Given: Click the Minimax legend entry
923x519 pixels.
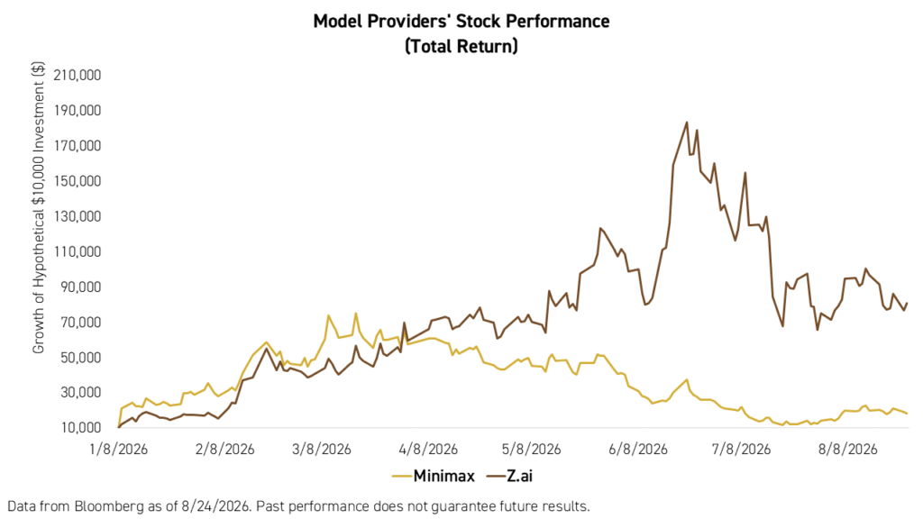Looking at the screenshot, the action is (434, 476).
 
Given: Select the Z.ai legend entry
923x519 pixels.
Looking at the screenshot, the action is (510, 476).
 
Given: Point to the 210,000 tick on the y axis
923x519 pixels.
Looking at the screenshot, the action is (78, 76).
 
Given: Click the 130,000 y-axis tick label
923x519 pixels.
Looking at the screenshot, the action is (78, 216).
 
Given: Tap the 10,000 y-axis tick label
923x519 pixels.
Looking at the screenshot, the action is (79, 428).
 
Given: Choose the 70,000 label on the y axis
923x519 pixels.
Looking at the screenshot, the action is (79, 323).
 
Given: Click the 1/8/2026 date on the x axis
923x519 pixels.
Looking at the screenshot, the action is (118, 450).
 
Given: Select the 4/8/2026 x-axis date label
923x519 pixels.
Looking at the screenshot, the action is (428, 450).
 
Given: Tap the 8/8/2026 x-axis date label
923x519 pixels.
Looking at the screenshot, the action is (847, 450).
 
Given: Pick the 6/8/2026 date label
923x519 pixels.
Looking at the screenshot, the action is (638, 450).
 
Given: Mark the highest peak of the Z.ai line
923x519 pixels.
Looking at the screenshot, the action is (686, 123).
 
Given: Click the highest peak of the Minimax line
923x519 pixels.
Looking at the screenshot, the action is (355, 313).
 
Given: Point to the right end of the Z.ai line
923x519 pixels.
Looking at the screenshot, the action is (907, 303).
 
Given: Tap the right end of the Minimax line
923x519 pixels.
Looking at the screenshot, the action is (907, 414).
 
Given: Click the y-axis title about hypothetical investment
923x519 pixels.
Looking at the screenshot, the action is (38, 207).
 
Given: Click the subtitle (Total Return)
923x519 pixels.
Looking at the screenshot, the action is (461, 46).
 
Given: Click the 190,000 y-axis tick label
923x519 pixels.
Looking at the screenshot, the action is (78, 111).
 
